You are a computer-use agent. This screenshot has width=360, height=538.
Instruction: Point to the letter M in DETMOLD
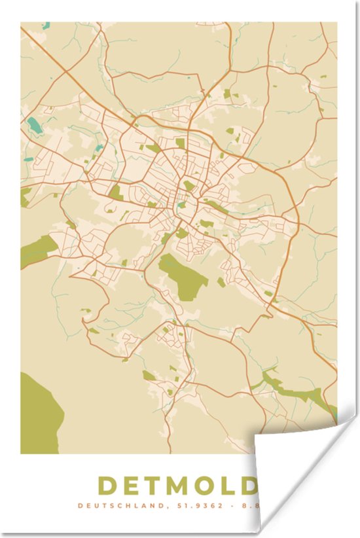tap(181, 486)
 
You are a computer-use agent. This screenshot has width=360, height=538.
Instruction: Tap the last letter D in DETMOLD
tap(249, 486)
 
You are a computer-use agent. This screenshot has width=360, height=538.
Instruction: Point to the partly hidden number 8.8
tap(249, 505)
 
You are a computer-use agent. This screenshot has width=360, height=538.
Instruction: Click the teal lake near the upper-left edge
tap(34, 124)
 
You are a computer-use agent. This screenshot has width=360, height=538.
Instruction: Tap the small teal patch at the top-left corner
tap(46, 26)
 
